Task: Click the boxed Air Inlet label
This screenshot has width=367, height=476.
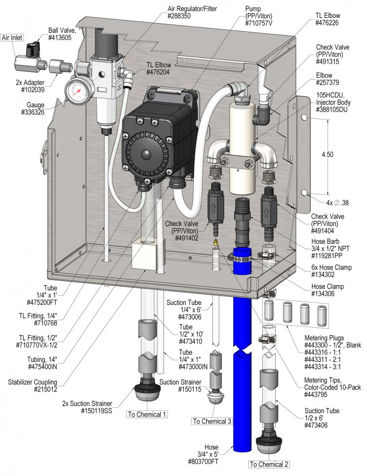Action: point(12,38)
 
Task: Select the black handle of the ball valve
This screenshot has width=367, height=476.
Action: point(32,49)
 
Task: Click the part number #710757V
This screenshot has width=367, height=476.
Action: point(258,23)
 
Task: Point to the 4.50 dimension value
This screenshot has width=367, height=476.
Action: point(328,154)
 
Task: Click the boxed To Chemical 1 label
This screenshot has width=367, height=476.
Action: point(147,414)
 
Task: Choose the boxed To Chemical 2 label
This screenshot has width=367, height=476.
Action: point(269,464)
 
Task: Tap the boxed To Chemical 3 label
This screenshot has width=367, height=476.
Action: point(212,421)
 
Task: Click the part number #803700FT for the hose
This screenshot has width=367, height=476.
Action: point(203,462)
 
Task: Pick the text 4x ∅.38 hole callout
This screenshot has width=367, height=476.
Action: point(337,202)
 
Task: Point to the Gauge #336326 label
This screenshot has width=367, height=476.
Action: point(33,109)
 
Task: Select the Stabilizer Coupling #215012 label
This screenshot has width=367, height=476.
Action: point(32,385)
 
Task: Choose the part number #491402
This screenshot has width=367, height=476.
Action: point(186,238)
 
